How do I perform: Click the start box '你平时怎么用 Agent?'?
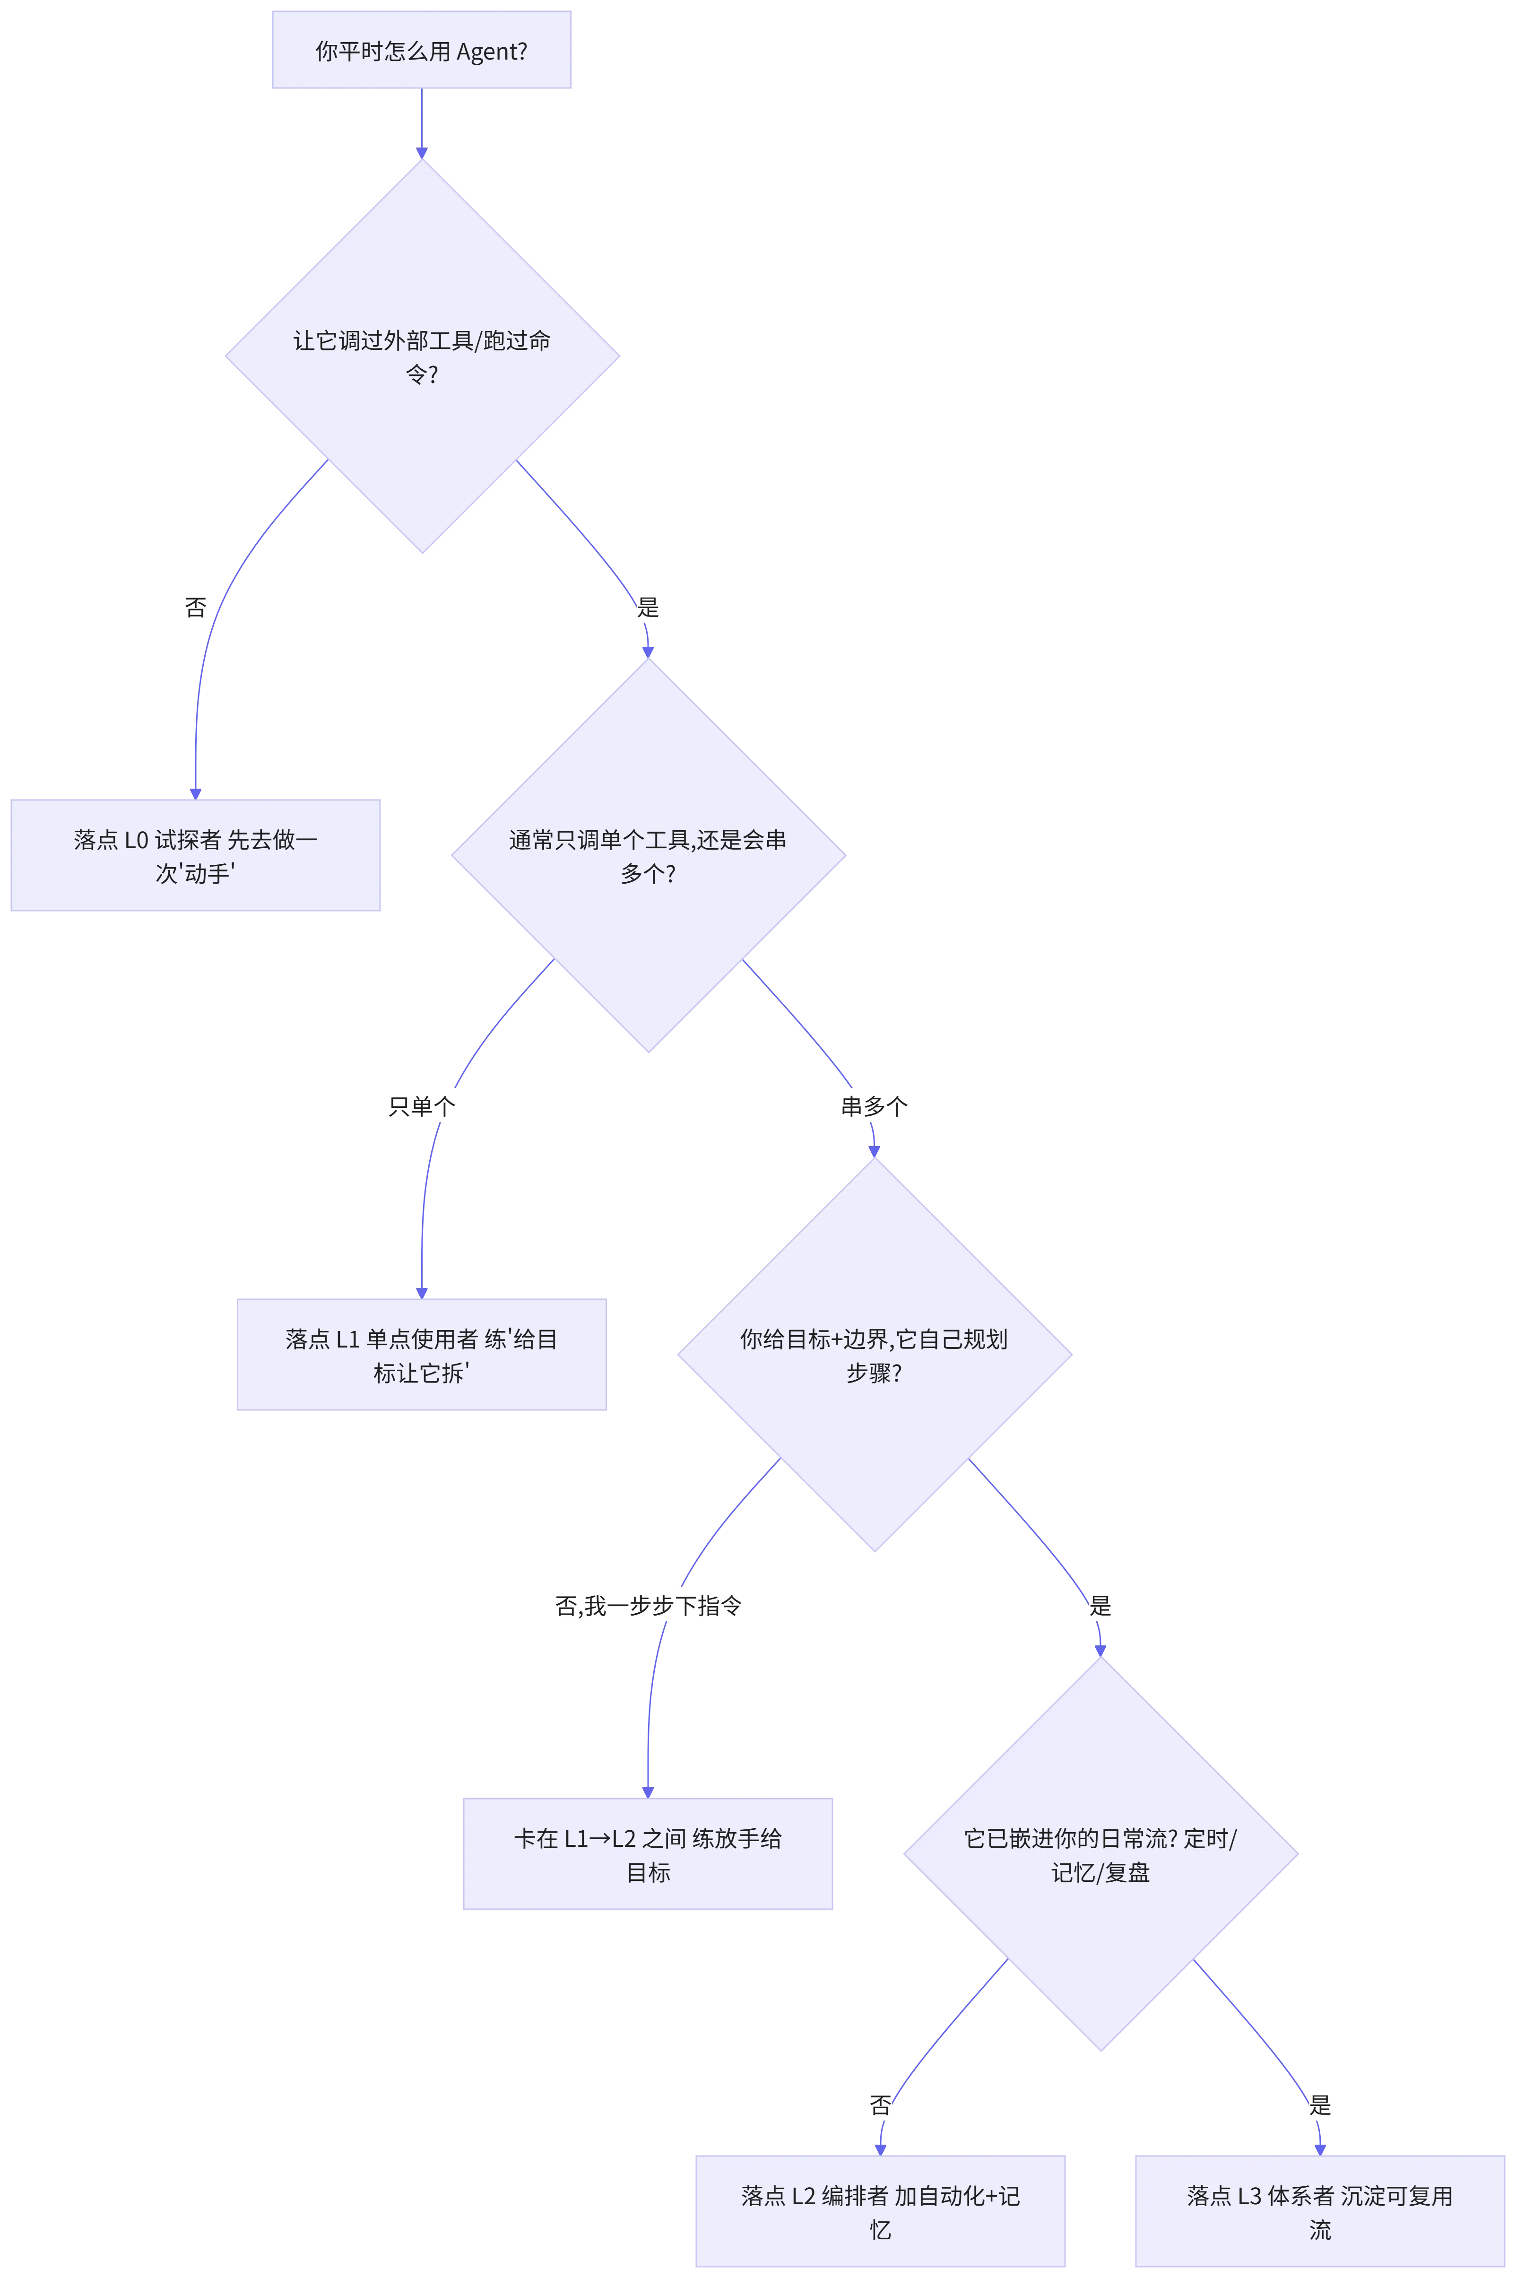[422, 50]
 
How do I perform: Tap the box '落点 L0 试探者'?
[195, 855]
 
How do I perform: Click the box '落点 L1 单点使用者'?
[422, 1355]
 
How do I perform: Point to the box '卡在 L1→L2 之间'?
[648, 1853]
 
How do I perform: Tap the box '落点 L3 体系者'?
[1320, 2210]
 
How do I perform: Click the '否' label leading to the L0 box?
[195, 607]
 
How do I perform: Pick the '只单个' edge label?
[422, 1106]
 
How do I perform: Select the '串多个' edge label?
[874, 1106]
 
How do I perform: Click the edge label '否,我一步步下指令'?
[648, 1606]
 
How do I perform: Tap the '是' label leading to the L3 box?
[1320, 2105]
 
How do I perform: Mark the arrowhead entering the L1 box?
[422, 1293]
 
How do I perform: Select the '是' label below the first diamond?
[648, 607]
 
